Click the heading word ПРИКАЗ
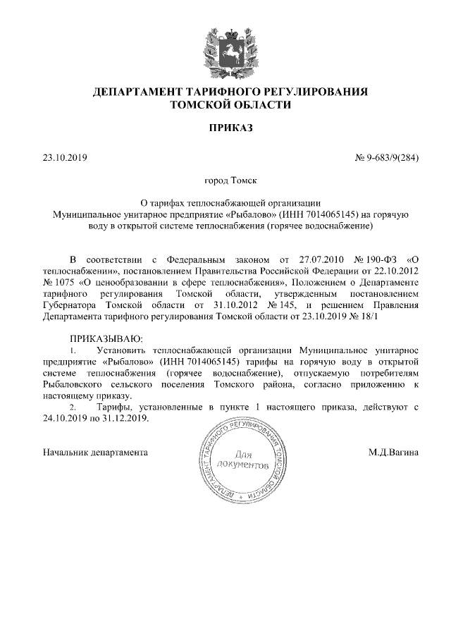tap(225, 128)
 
